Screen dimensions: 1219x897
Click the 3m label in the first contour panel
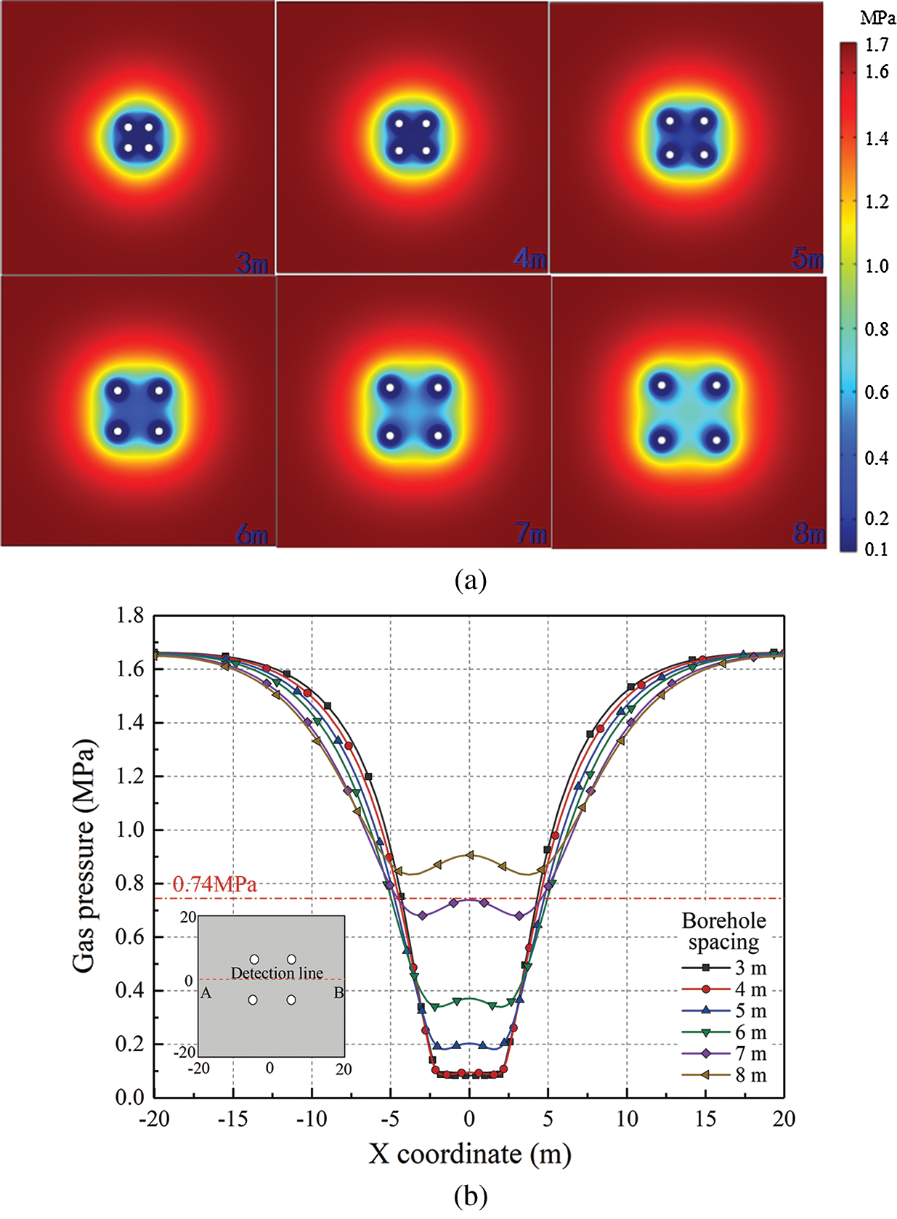pos(251,262)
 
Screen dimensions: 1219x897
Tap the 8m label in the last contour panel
pos(808,535)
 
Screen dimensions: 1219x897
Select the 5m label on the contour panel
pos(807,258)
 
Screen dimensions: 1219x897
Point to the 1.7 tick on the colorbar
pos(877,45)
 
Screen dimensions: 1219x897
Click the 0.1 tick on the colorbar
pos(877,549)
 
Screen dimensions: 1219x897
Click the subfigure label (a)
pos(470,580)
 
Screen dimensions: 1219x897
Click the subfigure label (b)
pos(470,1195)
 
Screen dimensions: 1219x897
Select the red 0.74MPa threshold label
pos(214,884)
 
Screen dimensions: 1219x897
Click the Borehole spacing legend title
pos(723,931)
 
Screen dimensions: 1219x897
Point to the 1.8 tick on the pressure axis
pos(130,616)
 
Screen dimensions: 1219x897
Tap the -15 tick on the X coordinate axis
pos(232,1119)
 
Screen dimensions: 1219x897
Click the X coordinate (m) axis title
pos(469,1154)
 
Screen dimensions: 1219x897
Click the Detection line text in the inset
pos(277,973)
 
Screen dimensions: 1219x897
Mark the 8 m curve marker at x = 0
pos(470,855)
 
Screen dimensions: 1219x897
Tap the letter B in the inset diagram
pos(338,992)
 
